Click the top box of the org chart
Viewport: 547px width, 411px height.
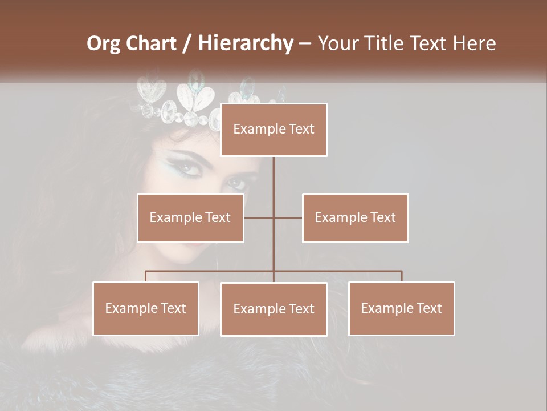coord(273,130)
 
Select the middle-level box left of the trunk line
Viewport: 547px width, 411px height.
coord(190,217)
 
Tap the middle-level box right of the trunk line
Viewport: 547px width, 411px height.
coord(355,217)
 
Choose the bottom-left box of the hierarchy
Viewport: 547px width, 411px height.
coord(146,308)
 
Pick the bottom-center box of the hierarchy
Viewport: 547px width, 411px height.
coord(273,309)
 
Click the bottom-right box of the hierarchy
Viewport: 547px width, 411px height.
coord(401,308)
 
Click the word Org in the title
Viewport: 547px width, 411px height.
coord(104,43)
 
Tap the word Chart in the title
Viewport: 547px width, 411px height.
coord(151,43)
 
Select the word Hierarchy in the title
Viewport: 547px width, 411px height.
coord(246,43)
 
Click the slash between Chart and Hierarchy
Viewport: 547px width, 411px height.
coord(187,43)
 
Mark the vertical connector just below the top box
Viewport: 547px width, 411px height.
coord(273,171)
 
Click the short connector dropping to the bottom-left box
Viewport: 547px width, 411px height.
coord(146,276)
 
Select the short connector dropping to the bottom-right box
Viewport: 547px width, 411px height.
coord(402,276)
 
